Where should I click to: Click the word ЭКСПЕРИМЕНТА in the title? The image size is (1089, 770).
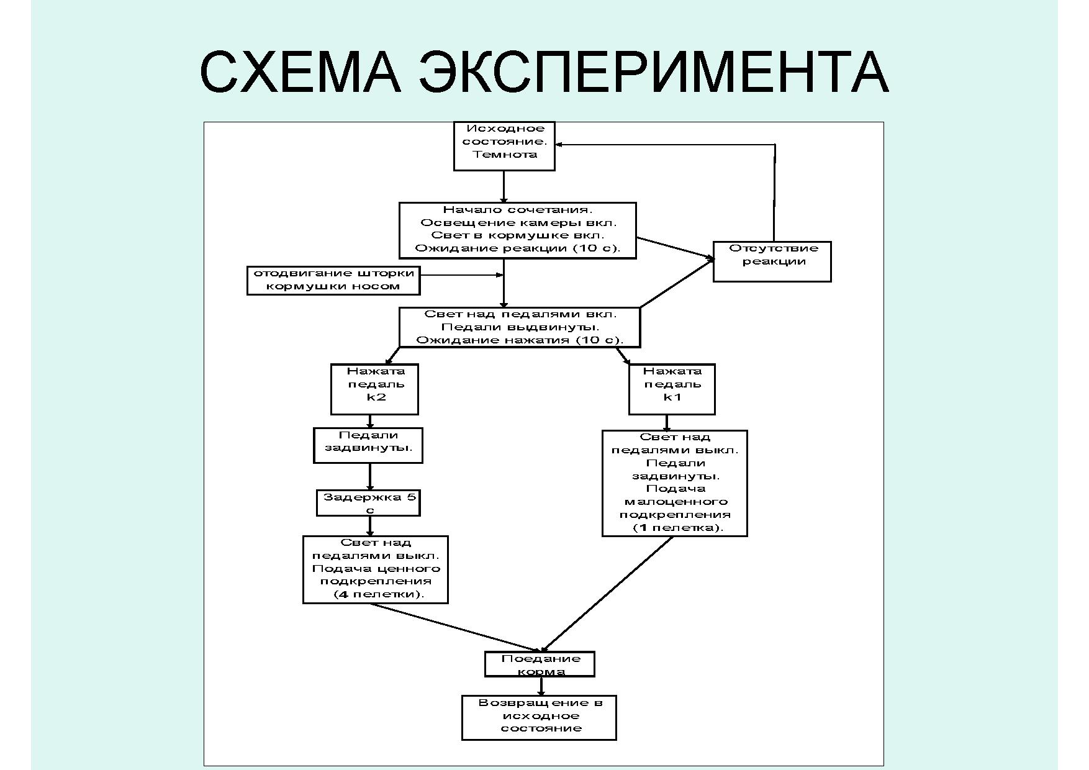pyautogui.click(x=654, y=72)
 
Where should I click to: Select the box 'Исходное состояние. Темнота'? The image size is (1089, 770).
pyautogui.click(x=504, y=146)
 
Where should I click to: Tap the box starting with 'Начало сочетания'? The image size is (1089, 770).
pyautogui.click(x=517, y=230)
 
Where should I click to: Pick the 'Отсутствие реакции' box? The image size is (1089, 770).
pyautogui.click(x=772, y=261)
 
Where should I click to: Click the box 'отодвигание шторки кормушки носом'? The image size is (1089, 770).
pyautogui.click(x=333, y=280)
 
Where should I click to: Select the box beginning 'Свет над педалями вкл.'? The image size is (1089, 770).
pyautogui.click(x=519, y=327)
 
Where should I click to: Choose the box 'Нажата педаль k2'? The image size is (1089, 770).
pyautogui.click(x=374, y=389)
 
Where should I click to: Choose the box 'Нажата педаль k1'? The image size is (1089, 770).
pyautogui.click(x=672, y=389)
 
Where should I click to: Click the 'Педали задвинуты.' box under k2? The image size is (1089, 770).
pyautogui.click(x=368, y=445)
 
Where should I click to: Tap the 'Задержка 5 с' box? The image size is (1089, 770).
pyautogui.click(x=368, y=503)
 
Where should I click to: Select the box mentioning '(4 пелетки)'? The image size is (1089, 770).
pyautogui.click(x=376, y=569)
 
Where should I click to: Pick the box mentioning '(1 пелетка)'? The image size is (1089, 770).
pyautogui.click(x=674, y=483)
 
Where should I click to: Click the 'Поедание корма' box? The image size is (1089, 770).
pyautogui.click(x=540, y=664)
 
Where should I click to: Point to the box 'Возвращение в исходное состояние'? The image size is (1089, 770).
pyautogui.click(x=539, y=717)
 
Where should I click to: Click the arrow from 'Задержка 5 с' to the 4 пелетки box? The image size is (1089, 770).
pyautogui.click(x=370, y=525)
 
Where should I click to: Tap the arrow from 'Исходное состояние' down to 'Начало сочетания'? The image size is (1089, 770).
pyautogui.click(x=504, y=186)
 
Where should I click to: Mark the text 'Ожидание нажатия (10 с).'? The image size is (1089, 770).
pyautogui.click(x=519, y=340)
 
